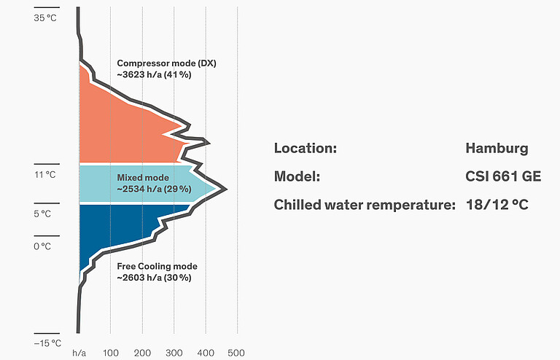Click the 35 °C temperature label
click(x=45, y=18)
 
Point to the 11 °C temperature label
click(x=45, y=175)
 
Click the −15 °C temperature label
click(x=47, y=343)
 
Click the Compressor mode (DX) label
click(x=167, y=63)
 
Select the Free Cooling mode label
click(x=157, y=266)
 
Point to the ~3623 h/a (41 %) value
click(x=154, y=75)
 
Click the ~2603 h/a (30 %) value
click(x=154, y=278)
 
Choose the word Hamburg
click(x=497, y=149)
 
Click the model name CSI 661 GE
click(x=503, y=177)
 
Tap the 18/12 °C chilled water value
click(x=497, y=205)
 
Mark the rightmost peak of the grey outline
click(x=226, y=189)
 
